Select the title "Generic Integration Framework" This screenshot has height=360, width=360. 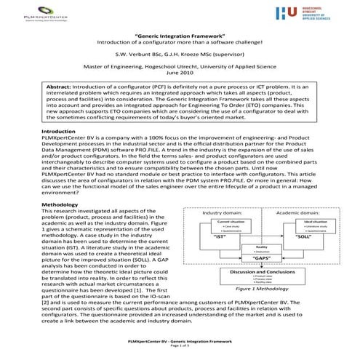tap(180, 35)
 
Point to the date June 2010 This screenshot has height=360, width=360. tap(180, 73)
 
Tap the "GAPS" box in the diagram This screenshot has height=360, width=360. tap(262, 258)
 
